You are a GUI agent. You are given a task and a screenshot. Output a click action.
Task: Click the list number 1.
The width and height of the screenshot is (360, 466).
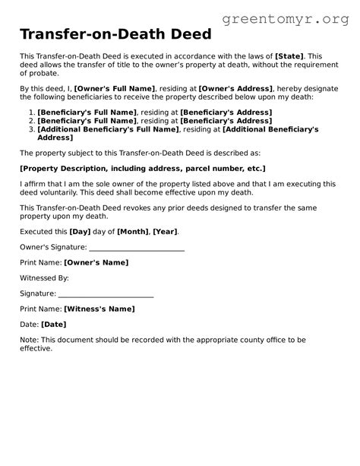30,113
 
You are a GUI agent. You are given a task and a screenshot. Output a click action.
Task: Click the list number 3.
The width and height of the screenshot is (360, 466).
30,129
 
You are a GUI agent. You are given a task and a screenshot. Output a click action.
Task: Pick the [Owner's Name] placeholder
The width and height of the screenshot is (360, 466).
96,262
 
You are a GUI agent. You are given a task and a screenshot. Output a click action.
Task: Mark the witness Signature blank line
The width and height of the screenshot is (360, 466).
106,295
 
